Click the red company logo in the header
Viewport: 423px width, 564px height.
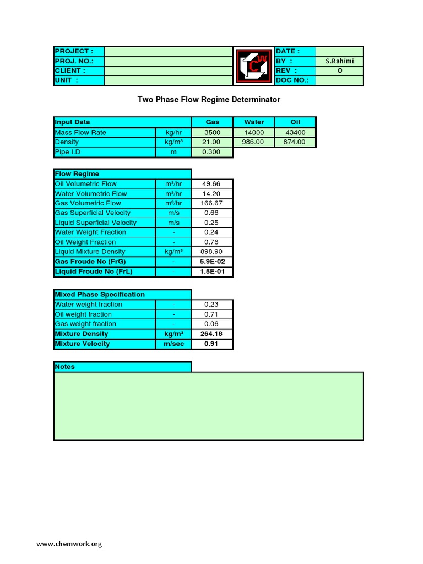coord(254,66)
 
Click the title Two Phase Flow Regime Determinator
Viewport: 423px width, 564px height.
coord(209,100)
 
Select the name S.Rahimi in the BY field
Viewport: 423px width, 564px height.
coord(339,61)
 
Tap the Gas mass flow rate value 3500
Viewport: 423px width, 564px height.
coord(212,132)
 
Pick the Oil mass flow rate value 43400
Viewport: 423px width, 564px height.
coord(295,132)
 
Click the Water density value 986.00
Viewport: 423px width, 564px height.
coord(253,142)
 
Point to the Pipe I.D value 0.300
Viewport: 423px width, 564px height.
coord(212,152)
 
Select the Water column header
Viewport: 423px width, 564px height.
coord(253,122)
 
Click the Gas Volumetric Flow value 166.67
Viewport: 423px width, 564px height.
coord(212,203)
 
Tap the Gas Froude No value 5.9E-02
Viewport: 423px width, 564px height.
coord(212,262)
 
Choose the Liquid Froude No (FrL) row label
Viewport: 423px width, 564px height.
coord(94,272)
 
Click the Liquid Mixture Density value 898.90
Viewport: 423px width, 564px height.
coord(212,252)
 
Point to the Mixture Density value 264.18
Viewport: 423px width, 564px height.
coord(212,334)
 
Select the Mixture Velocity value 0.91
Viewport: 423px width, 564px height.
coord(212,344)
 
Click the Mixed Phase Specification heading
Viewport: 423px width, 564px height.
coord(100,295)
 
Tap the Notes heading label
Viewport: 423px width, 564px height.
coord(65,367)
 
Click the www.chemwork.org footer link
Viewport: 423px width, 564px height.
coord(69,544)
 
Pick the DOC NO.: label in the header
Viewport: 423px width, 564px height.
coord(292,80)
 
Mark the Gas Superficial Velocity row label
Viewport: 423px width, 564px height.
coord(93,213)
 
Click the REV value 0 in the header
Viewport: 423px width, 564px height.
coord(339,71)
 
